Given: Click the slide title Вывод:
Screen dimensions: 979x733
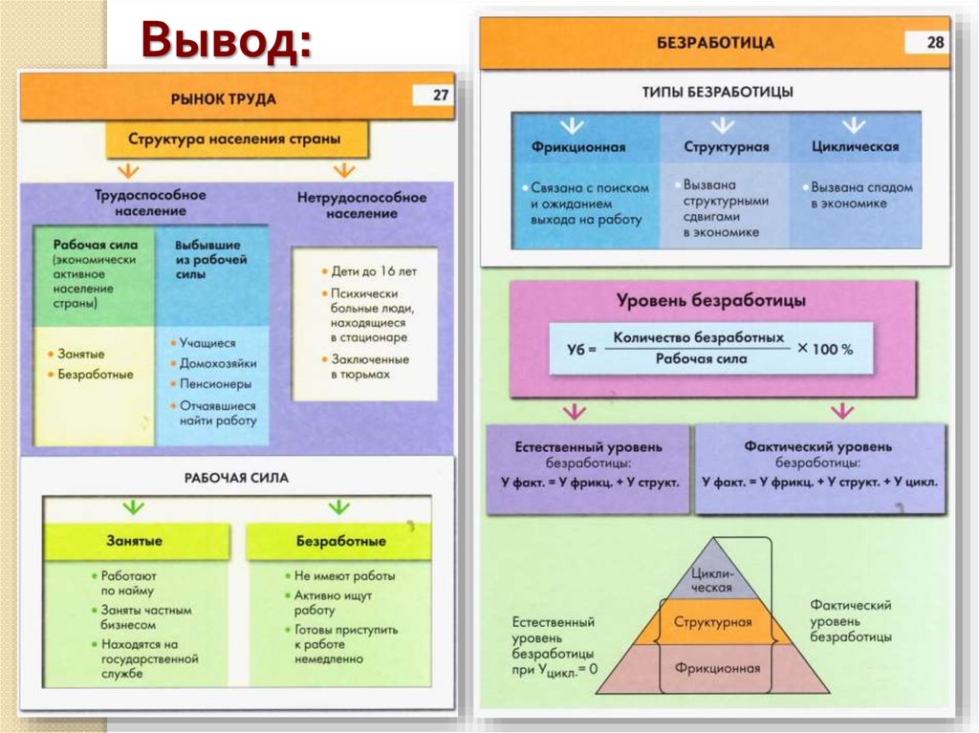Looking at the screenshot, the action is coord(228,42).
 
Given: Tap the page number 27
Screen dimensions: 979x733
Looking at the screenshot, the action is coord(440,96).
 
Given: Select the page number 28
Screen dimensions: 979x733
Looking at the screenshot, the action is coord(934,42).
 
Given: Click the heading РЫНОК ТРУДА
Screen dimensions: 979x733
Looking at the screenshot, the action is coord(224,98).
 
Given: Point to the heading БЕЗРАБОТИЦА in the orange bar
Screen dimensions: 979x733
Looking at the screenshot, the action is coord(715,43).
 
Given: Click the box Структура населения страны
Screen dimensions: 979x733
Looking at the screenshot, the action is coord(235,139).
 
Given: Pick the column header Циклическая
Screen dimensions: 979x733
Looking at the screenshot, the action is coord(854,147).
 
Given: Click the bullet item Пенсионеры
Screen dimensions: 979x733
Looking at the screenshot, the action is coord(216,384).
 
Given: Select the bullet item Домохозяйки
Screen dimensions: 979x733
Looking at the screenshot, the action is coord(218,363).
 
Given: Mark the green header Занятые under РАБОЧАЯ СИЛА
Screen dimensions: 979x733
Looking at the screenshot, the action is coord(134,541).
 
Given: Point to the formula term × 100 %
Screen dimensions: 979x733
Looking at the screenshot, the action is coord(824,349).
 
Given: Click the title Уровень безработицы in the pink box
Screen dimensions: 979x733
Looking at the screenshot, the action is coord(712,300).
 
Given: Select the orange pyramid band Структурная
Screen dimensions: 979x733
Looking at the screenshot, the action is coord(712,622).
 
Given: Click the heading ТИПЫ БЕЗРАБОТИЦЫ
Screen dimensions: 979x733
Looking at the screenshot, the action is coord(717,93).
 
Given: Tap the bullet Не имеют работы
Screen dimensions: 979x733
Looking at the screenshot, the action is coord(344,576).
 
